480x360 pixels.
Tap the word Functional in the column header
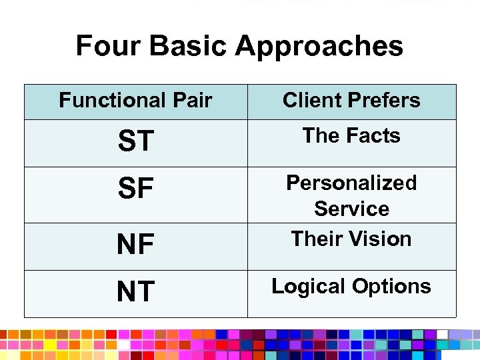[x=111, y=101]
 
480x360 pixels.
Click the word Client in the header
[x=311, y=101]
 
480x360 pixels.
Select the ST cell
[x=135, y=141]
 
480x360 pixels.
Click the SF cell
[x=135, y=190]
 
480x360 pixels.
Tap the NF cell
[x=135, y=245]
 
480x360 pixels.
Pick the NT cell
[x=135, y=292]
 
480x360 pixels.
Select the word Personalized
[x=351, y=183]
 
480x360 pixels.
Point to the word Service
[x=351, y=209]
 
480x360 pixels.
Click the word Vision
[x=381, y=239]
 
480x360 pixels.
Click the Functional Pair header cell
[x=135, y=101]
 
